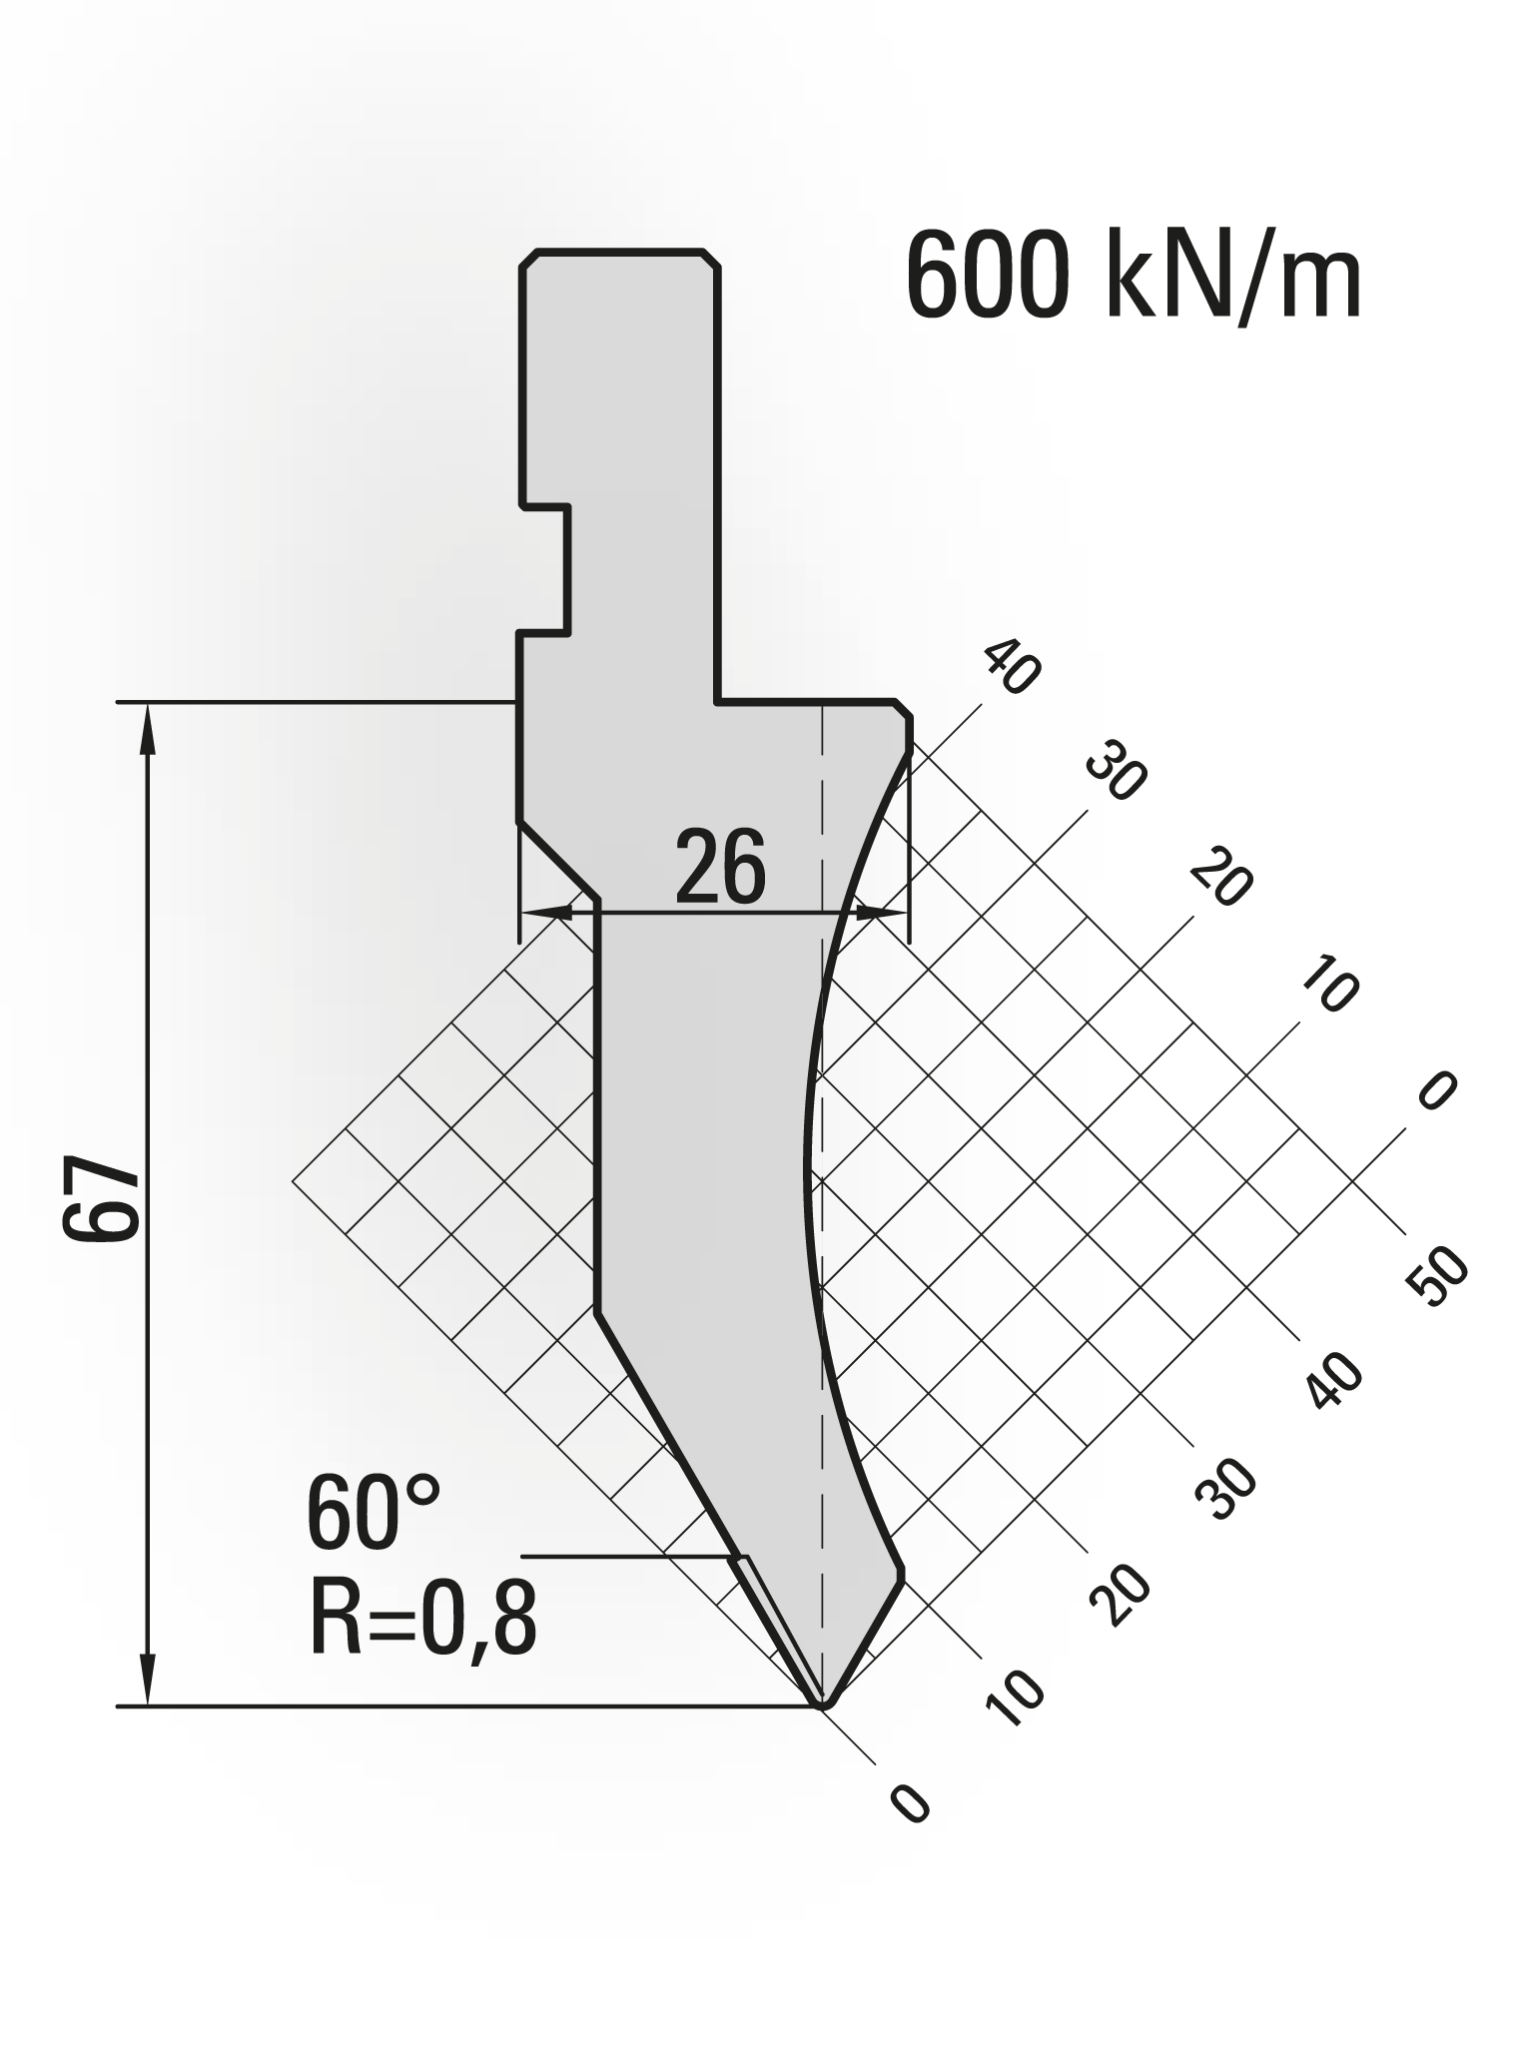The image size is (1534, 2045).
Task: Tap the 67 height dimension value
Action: click(x=101, y=1199)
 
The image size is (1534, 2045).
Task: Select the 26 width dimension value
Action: click(x=720, y=868)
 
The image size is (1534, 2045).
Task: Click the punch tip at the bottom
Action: click(x=822, y=1704)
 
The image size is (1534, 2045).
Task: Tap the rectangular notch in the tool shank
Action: click(x=544, y=569)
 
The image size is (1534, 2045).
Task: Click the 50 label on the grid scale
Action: click(x=1438, y=1278)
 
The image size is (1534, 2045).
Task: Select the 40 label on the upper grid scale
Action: click(x=1012, y=667)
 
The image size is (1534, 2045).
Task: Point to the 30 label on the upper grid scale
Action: click(x=1117, y=772)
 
